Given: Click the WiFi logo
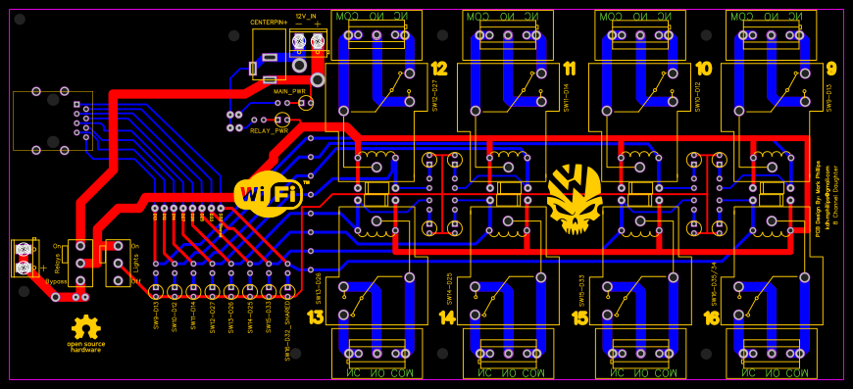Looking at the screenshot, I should click(x=267, y=193).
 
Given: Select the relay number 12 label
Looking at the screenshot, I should click(x=438, y=69).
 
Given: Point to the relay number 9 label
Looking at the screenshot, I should click(x=831, y=69).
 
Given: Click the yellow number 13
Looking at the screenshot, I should click(x=315, y=317).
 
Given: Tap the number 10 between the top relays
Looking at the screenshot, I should click(x=703, y=69).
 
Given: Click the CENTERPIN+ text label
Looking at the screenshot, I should click(x=269, y=22).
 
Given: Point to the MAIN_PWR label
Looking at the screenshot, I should click(x=289, y=90).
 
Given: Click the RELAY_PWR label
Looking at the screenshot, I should click(x=269, y=130).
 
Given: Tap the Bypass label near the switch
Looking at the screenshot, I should click(x=55, y=281).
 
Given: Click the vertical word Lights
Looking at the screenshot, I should click(x=135, y=263).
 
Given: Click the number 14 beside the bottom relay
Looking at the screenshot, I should click(x=447, y=317).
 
